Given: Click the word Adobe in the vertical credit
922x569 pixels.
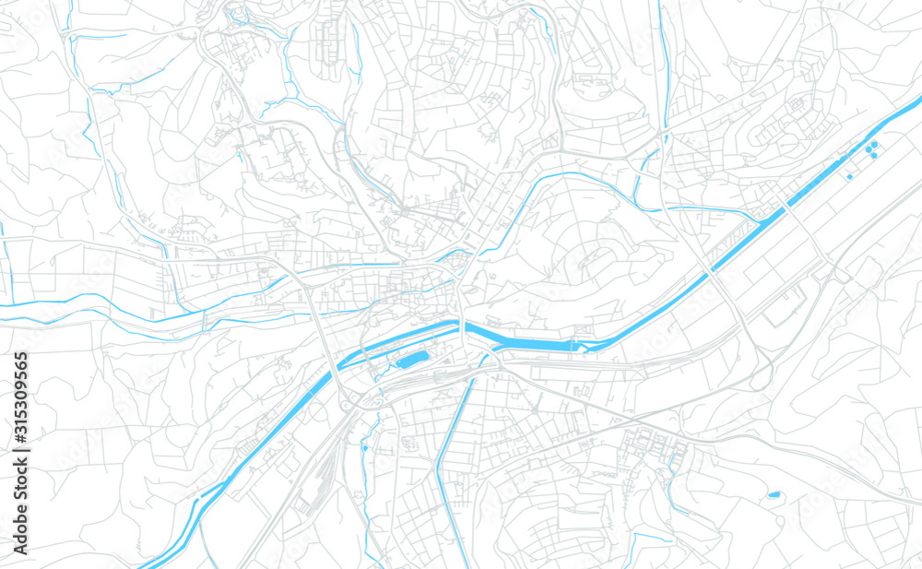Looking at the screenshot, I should click(20, 527).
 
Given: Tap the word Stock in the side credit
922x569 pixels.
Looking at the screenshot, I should click(20, 480).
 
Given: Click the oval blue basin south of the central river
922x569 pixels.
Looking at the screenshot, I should click(414, 358).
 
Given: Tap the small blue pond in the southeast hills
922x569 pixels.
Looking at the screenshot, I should click(774, 495).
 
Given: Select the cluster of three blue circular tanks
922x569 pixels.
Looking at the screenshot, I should click(871, 148).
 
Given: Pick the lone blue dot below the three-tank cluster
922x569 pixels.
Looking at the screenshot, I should click(849, 176).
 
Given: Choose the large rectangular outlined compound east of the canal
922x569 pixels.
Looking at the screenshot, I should click(784, 304).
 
